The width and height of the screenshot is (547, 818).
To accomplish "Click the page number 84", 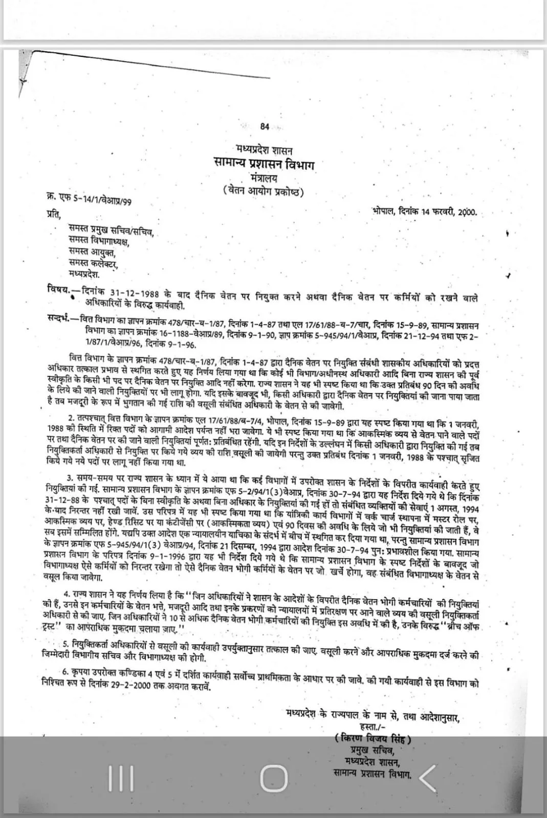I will pyautogui.click(x=265, y=127).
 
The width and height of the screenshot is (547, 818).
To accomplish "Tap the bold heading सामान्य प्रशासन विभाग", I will pyautogui.click(x=264, y=164).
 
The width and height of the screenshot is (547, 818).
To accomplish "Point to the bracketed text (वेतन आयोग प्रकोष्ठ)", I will pyautogui.click(x=264, y=192).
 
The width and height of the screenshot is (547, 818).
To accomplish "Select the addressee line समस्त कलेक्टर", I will pyautogui.click(x=94, y=264).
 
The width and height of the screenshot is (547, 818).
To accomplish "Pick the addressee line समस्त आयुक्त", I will pyautogui.click(x=92, y=252).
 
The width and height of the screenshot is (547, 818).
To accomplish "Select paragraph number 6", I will pyautogui.click(x=65, y=671).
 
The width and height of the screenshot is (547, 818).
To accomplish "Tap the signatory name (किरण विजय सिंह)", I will pyautogui.click(x=374, y=738).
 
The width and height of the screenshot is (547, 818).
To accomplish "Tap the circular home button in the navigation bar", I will pyautogui.click(x=274, y=779).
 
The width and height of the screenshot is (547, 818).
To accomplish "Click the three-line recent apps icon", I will pyautogui.click(x=121, y=779).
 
